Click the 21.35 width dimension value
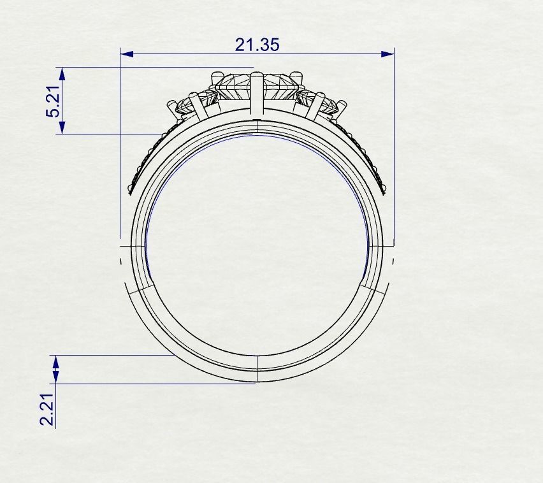(x=257, y=45)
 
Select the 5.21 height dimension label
(x=53, y=101)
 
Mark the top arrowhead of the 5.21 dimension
(x=61, y=73)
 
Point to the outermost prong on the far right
(x=342, y=108)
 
